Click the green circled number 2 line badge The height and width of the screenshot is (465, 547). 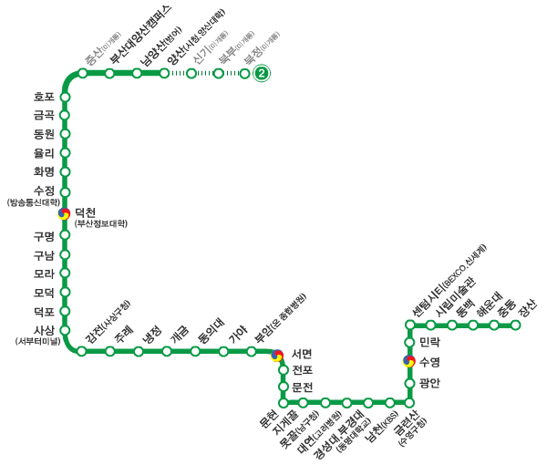[262, 74]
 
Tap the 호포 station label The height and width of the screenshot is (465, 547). [44, 97]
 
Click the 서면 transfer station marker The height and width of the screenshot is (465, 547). [278, 356]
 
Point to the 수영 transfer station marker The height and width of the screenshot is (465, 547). [408, 361]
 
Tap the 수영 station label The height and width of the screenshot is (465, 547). [430, 362]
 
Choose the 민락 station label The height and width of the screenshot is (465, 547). [430, 343]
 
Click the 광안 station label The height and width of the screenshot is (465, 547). [430, 383]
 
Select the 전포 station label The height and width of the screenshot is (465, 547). [303, 370]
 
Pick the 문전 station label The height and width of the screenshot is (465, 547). [303, 387]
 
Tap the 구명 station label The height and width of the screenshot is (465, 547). [44, 236]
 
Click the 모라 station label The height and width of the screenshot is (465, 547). [44, 274]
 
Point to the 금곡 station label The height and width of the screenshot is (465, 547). [44, 115]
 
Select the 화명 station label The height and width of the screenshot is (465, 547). [44, 171]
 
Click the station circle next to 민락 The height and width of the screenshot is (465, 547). [408, 343]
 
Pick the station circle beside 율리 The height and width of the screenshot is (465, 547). [65, 153]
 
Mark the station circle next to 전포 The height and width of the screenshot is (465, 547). [284, 370]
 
